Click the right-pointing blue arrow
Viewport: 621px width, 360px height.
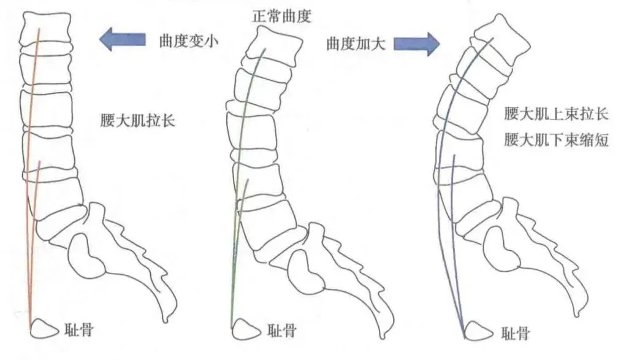tap(417, 44)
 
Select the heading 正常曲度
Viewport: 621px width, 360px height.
tap(281, 17)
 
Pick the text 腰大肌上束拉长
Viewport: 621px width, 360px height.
tap(555, 115)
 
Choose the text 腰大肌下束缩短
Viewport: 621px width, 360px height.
tap(555, 140)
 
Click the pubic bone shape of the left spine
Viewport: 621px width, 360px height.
tap(45, 327)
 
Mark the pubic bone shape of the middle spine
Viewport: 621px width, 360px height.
tap(248, 329)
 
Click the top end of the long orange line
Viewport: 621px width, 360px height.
tap(41, 29)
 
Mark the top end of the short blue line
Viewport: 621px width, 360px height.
tap(453, 156)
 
